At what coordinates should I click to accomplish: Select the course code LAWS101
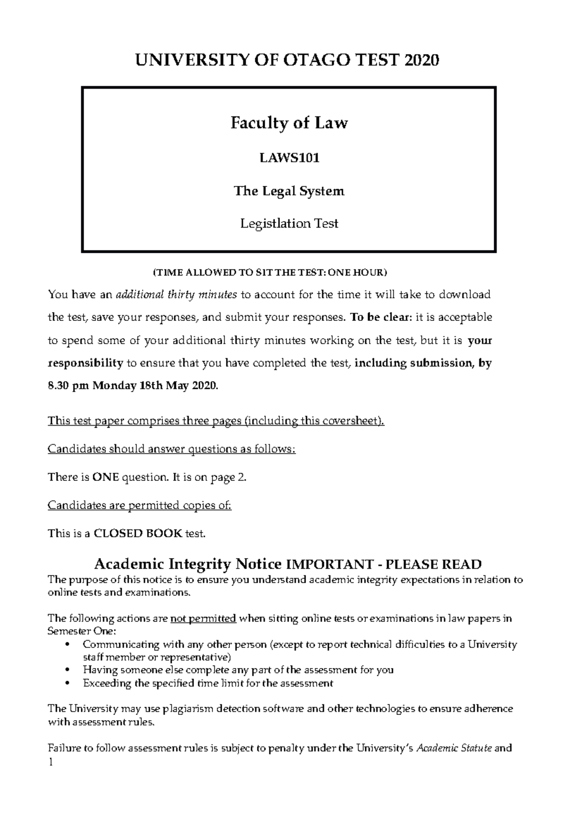289,158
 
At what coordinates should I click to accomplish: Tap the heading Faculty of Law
289,123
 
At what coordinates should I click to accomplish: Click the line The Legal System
289,191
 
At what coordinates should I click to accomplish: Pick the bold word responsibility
85,363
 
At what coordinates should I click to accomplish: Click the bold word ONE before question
105,477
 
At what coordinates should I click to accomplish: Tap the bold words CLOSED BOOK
138,534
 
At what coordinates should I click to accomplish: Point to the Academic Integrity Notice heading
188,564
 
